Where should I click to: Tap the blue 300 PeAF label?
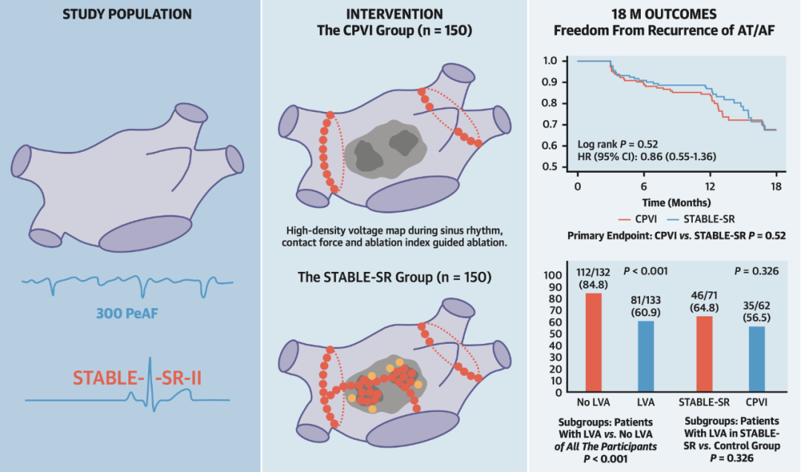click(x=128, y=313)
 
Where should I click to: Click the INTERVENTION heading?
click(x=395, y=14)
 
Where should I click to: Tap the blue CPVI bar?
click(x=756, y=359)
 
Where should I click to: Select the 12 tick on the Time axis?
click(x=710, y=187)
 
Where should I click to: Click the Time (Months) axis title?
click(x=676, y=202)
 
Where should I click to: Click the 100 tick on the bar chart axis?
click(x=553, y=275)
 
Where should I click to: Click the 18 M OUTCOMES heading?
click(x=664, y=14)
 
